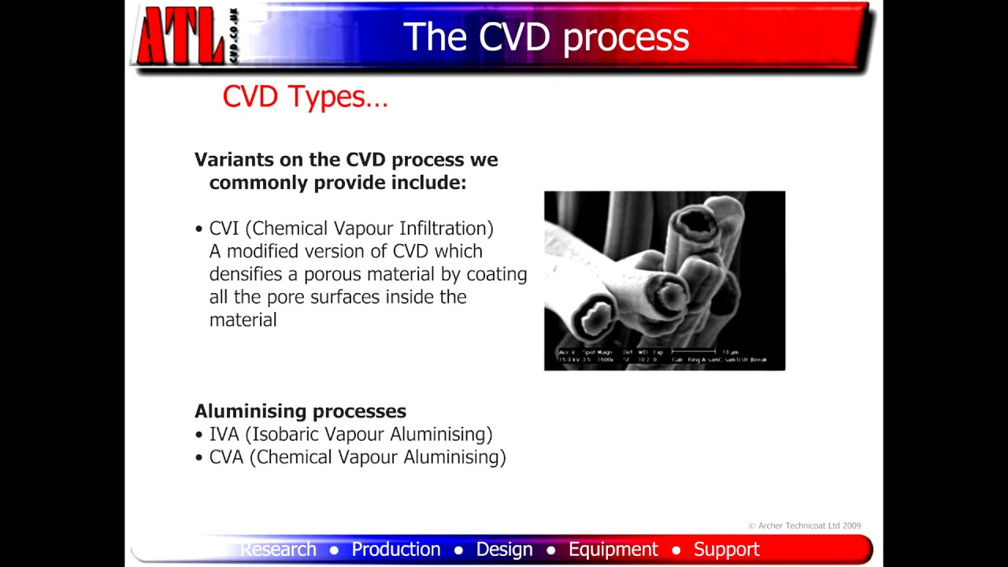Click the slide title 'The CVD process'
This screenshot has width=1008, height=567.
pyautogui.click(x=546, y=36)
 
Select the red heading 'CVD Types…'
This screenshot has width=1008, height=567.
pyautogui.click(x=305, y=97)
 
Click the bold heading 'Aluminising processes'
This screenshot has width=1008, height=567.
pyautogui.click(x=300, y=411)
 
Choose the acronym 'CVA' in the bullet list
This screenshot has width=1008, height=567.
pyautogui.click(x=226, y=457)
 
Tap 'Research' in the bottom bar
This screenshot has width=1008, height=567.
pyautogui.click(x=278, y=549)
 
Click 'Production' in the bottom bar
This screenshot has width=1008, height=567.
pyautogui.click(x=395, y=549)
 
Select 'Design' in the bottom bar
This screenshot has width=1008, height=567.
pyautogui.click(x=504, y=549)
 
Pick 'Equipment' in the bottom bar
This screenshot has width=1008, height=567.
pyautogui.click(x=613, y=549)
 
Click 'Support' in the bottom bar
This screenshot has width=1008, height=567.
pyautogui.click(x=726, y=549)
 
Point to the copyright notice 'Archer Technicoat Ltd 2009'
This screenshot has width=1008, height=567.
pyautogui.click(x=804, y=525)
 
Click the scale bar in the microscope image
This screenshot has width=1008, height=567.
pyautogui.click(x=694, y=351)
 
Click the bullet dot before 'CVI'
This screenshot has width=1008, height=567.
pyautogui.click(x=198, y=229)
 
